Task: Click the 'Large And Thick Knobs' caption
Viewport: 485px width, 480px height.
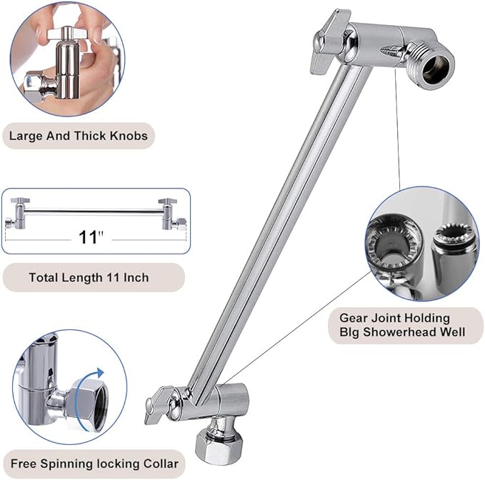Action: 78,135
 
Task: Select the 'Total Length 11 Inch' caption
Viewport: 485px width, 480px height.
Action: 89,277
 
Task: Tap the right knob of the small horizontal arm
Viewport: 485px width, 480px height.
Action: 170,212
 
